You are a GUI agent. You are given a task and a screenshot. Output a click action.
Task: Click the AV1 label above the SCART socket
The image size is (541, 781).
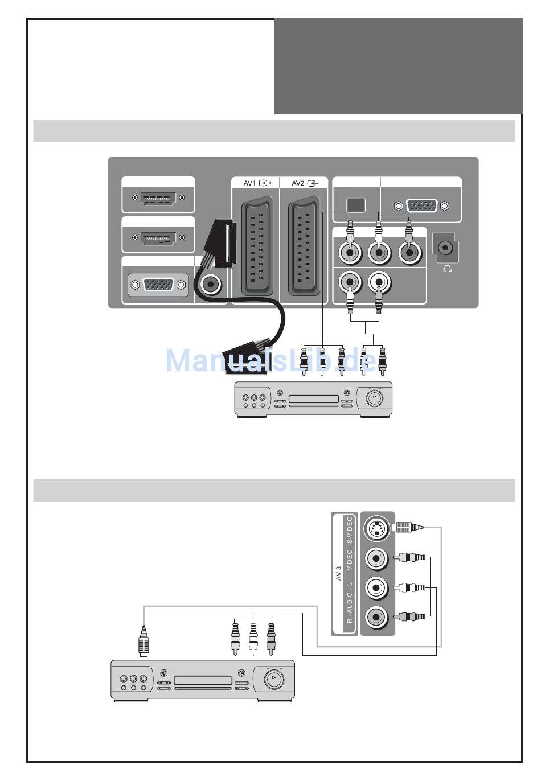coord(250,183)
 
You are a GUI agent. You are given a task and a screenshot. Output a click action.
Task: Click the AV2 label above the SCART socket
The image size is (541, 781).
coord(298,183)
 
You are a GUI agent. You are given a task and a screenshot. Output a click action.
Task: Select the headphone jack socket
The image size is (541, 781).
coord(446,248)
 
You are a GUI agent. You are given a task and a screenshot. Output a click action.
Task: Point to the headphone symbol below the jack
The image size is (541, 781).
coord(448,268)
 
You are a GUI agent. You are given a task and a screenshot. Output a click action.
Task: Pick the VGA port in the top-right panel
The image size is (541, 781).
coord(422,205)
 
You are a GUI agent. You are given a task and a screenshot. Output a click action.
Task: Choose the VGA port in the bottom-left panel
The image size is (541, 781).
coord(158,284)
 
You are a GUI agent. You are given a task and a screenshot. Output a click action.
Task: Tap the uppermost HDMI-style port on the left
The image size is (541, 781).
coord(158,198)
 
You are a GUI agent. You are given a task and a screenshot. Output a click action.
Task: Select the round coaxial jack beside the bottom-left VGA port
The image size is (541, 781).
coord(212,283)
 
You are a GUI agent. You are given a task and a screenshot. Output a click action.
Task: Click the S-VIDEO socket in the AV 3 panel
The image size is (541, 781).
coord(376,529)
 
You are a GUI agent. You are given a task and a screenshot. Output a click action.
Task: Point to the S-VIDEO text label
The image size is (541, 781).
coord(350,529)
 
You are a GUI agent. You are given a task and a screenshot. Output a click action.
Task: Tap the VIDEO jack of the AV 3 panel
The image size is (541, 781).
coord(376,558)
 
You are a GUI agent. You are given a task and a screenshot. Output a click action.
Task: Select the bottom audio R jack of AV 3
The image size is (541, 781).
coord(376,616)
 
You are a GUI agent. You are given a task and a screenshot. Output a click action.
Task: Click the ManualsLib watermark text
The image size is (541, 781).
coord(270,360)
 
